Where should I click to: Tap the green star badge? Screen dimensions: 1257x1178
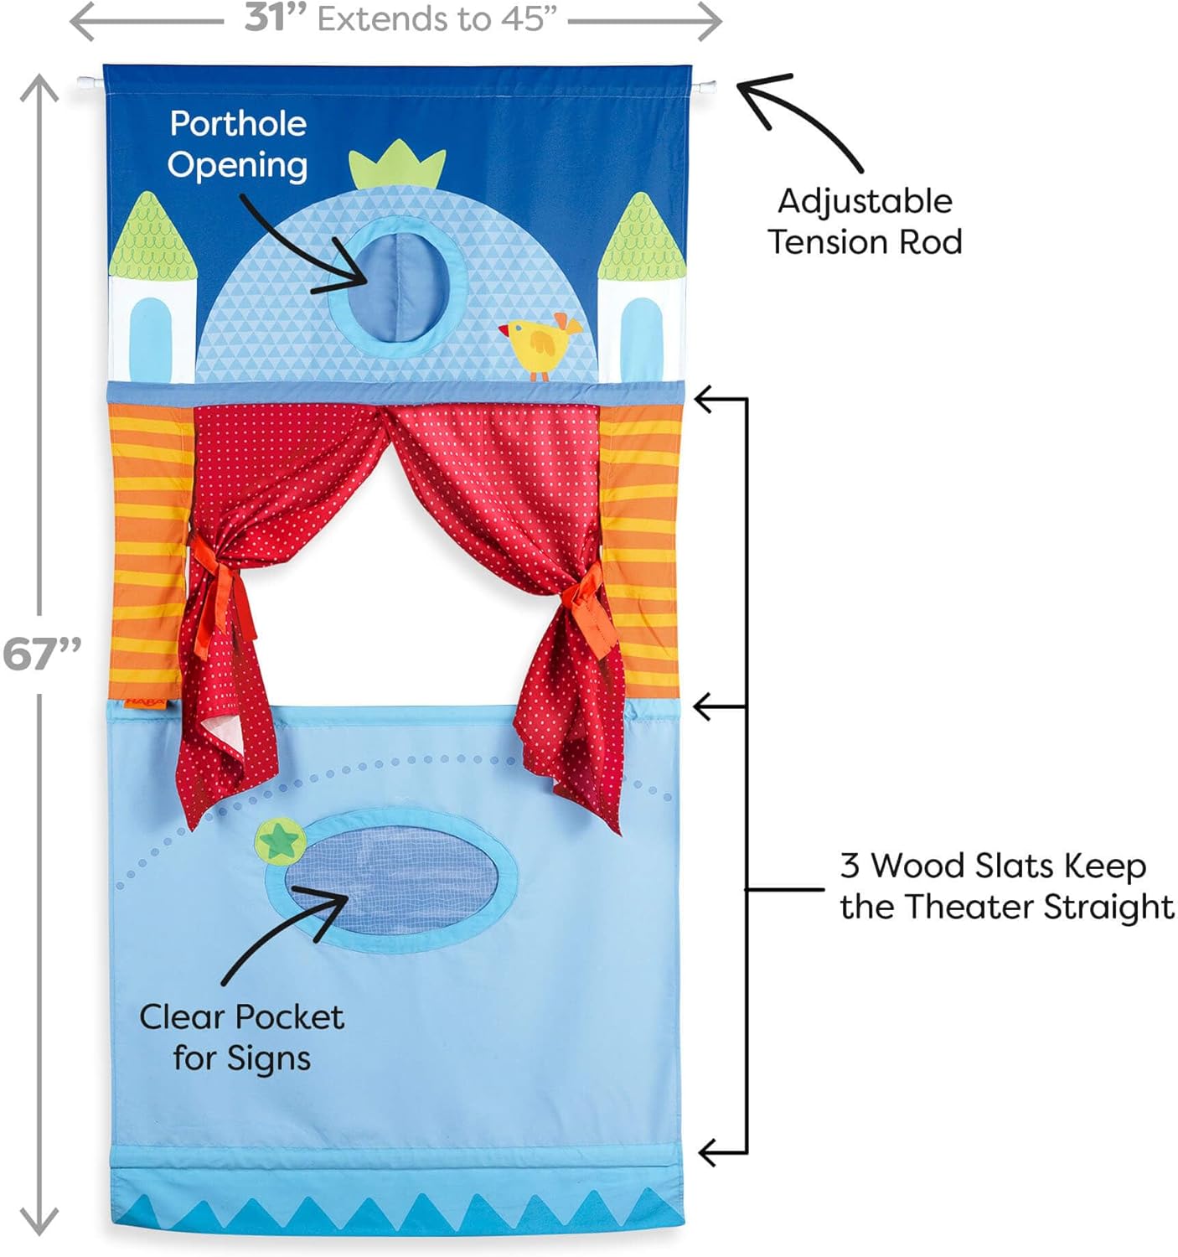280,839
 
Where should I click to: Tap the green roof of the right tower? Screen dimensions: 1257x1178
641,239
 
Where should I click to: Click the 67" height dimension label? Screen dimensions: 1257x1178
41,654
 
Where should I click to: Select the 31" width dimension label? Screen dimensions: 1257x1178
275,18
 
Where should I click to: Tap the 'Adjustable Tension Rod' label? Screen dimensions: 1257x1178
865,221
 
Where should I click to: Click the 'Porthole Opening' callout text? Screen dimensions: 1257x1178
238,144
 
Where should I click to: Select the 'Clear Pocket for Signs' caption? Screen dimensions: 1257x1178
241,1037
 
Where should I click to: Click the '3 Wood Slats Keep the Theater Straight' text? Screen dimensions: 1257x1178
1005,886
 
